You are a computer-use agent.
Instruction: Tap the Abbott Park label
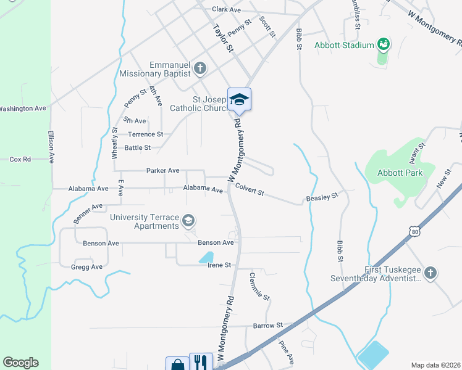400,173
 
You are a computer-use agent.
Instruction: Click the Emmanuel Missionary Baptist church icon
199,68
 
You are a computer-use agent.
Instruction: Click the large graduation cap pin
239,100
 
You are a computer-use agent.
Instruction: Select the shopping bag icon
177,364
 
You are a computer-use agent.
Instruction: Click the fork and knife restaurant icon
201,362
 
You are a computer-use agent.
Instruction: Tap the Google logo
20,363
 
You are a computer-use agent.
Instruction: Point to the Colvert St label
250,192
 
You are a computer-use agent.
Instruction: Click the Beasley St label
322,197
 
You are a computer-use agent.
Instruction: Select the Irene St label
219,265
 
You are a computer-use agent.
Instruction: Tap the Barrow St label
267,324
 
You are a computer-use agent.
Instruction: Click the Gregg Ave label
86,266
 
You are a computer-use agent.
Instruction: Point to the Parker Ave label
162,170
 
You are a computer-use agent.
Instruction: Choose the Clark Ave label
226,10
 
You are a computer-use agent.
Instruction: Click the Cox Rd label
20,159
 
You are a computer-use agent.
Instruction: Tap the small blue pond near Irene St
206,257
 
